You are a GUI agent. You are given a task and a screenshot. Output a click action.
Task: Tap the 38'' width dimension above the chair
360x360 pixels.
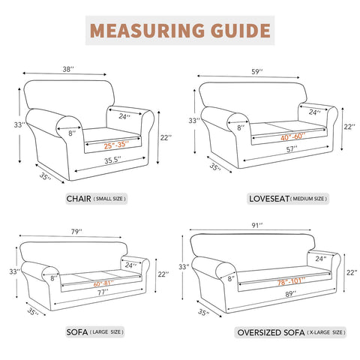69,69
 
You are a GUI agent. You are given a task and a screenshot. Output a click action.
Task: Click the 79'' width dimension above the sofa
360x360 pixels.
76,231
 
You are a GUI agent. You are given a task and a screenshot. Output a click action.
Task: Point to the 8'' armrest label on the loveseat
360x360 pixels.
240,127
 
